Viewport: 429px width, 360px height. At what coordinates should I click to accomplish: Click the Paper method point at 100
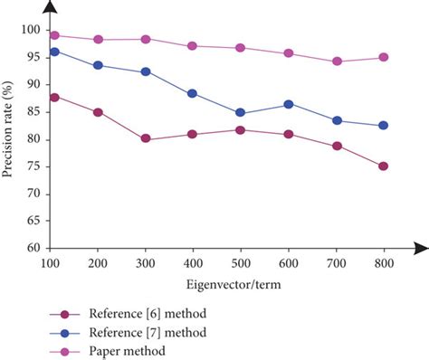click(55, 35)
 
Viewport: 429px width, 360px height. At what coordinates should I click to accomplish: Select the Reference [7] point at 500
click(240, 113)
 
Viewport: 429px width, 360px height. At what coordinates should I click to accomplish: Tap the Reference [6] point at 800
click(383, 166)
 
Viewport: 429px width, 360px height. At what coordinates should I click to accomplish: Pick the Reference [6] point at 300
click(146, 139)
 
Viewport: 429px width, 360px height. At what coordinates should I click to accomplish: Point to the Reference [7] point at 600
click(289, 104)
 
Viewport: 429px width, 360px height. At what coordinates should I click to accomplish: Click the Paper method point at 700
click(338, 62)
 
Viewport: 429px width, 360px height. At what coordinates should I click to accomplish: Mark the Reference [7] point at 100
click(55, 52)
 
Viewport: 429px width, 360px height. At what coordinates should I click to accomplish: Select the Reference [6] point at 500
click(240, 129)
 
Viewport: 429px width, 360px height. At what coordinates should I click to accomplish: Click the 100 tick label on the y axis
click(32, 30)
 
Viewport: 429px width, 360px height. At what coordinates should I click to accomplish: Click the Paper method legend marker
click(65, 348)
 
